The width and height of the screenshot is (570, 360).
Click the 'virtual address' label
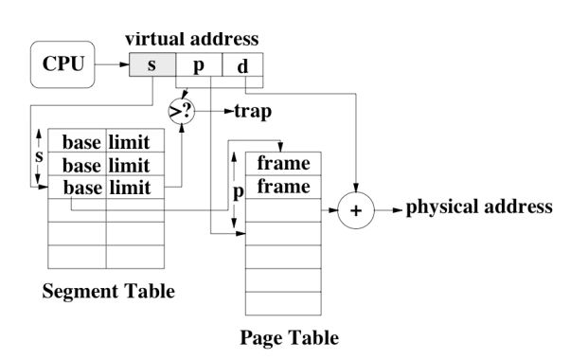pyautogui.click(x=191, y=41)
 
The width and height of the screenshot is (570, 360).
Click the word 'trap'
pyautogui.click(x=252, y=112)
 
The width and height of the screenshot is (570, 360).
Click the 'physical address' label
pyautogui.click(x=478, y=207)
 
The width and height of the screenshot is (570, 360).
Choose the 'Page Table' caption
pyautogui.click(x=289, y=337)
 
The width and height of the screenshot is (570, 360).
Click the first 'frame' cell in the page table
pyautogui.click(x=283, y=164)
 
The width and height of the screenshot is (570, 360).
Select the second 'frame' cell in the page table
pyautogui.click(x=283, y=187)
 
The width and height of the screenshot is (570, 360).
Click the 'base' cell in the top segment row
pyautogui.click(x=81, y=143)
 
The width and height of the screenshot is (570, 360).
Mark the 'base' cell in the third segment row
pyautogui.click(x=81, y=188)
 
